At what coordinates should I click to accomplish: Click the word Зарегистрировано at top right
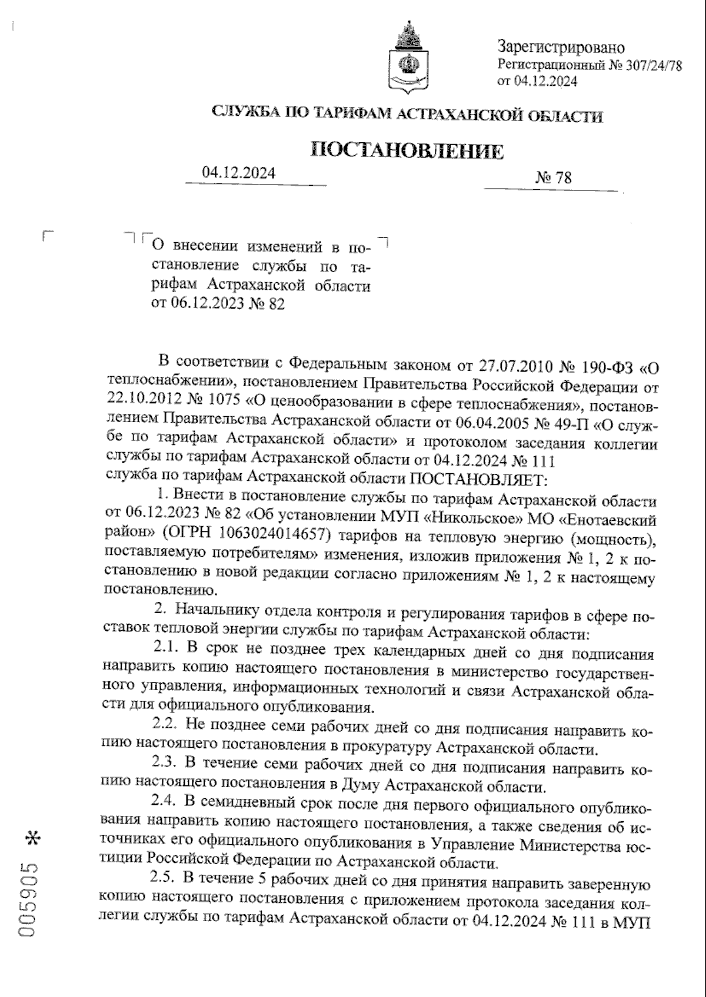561,47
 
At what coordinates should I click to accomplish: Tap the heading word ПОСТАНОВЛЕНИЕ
407,150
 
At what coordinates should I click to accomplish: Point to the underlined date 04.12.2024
238,173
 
